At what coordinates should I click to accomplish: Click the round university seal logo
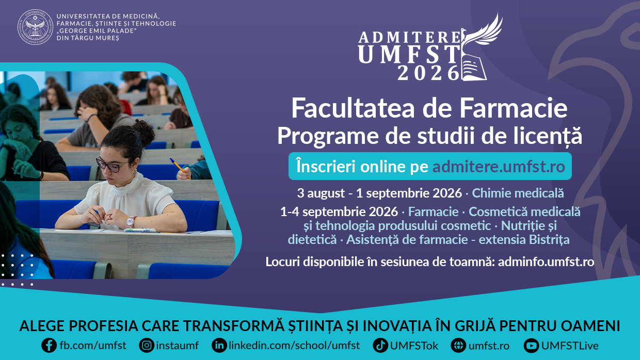[x=35, y=27]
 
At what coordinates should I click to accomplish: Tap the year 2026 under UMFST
[x=428, y=73]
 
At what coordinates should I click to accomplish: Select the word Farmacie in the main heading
[x=514, y=108]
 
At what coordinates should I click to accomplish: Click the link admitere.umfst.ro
[x=499, y=167]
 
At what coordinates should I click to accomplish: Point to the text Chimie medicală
[x=518, y=193]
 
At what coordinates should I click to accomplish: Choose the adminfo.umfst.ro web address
[x=546, y=262]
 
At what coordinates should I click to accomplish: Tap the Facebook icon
[x=49, y=346]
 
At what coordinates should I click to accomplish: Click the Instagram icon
[x=147, y=346]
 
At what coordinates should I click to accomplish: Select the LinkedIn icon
[x=219, y=346]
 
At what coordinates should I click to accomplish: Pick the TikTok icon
[x=380, y=346]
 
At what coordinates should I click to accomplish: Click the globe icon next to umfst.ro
[x=458, y=346]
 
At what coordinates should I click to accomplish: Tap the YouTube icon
[x=531, y=346]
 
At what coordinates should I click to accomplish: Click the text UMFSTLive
[x=570, y=346]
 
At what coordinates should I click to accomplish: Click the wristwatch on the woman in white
[x=131, y=222]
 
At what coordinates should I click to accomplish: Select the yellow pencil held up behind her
[x=180, y=168]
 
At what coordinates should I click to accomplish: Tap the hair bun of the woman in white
[x=143, y=132]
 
